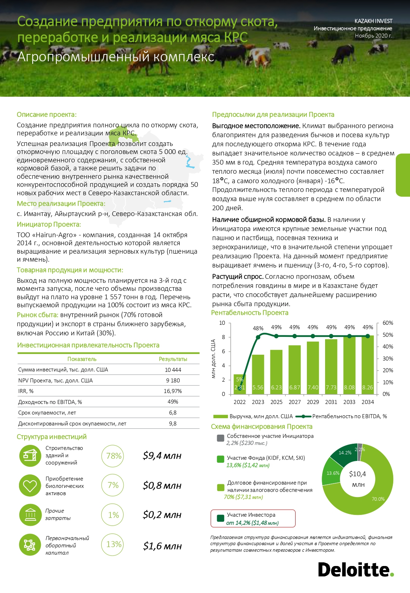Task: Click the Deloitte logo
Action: click(355, 570)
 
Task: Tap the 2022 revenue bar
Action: click(239, 384)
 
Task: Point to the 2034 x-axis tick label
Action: click(367, 402)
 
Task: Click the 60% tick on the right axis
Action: click(387, 323)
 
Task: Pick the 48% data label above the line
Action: click(258, 328)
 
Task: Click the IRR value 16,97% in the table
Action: click(173, 391)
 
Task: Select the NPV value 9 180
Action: click(173, 380)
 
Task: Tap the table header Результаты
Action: click(173, 359)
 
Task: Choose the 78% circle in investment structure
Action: click(113, 456)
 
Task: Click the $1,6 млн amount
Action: click(162, 546)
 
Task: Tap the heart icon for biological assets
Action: click(30, 486)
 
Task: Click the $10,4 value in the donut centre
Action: click(357, 474)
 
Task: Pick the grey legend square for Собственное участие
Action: click(220, 438)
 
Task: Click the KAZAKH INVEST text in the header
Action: click(373, 21)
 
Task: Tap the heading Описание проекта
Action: click(47, 115)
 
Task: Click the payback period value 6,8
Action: click(173, 413)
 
